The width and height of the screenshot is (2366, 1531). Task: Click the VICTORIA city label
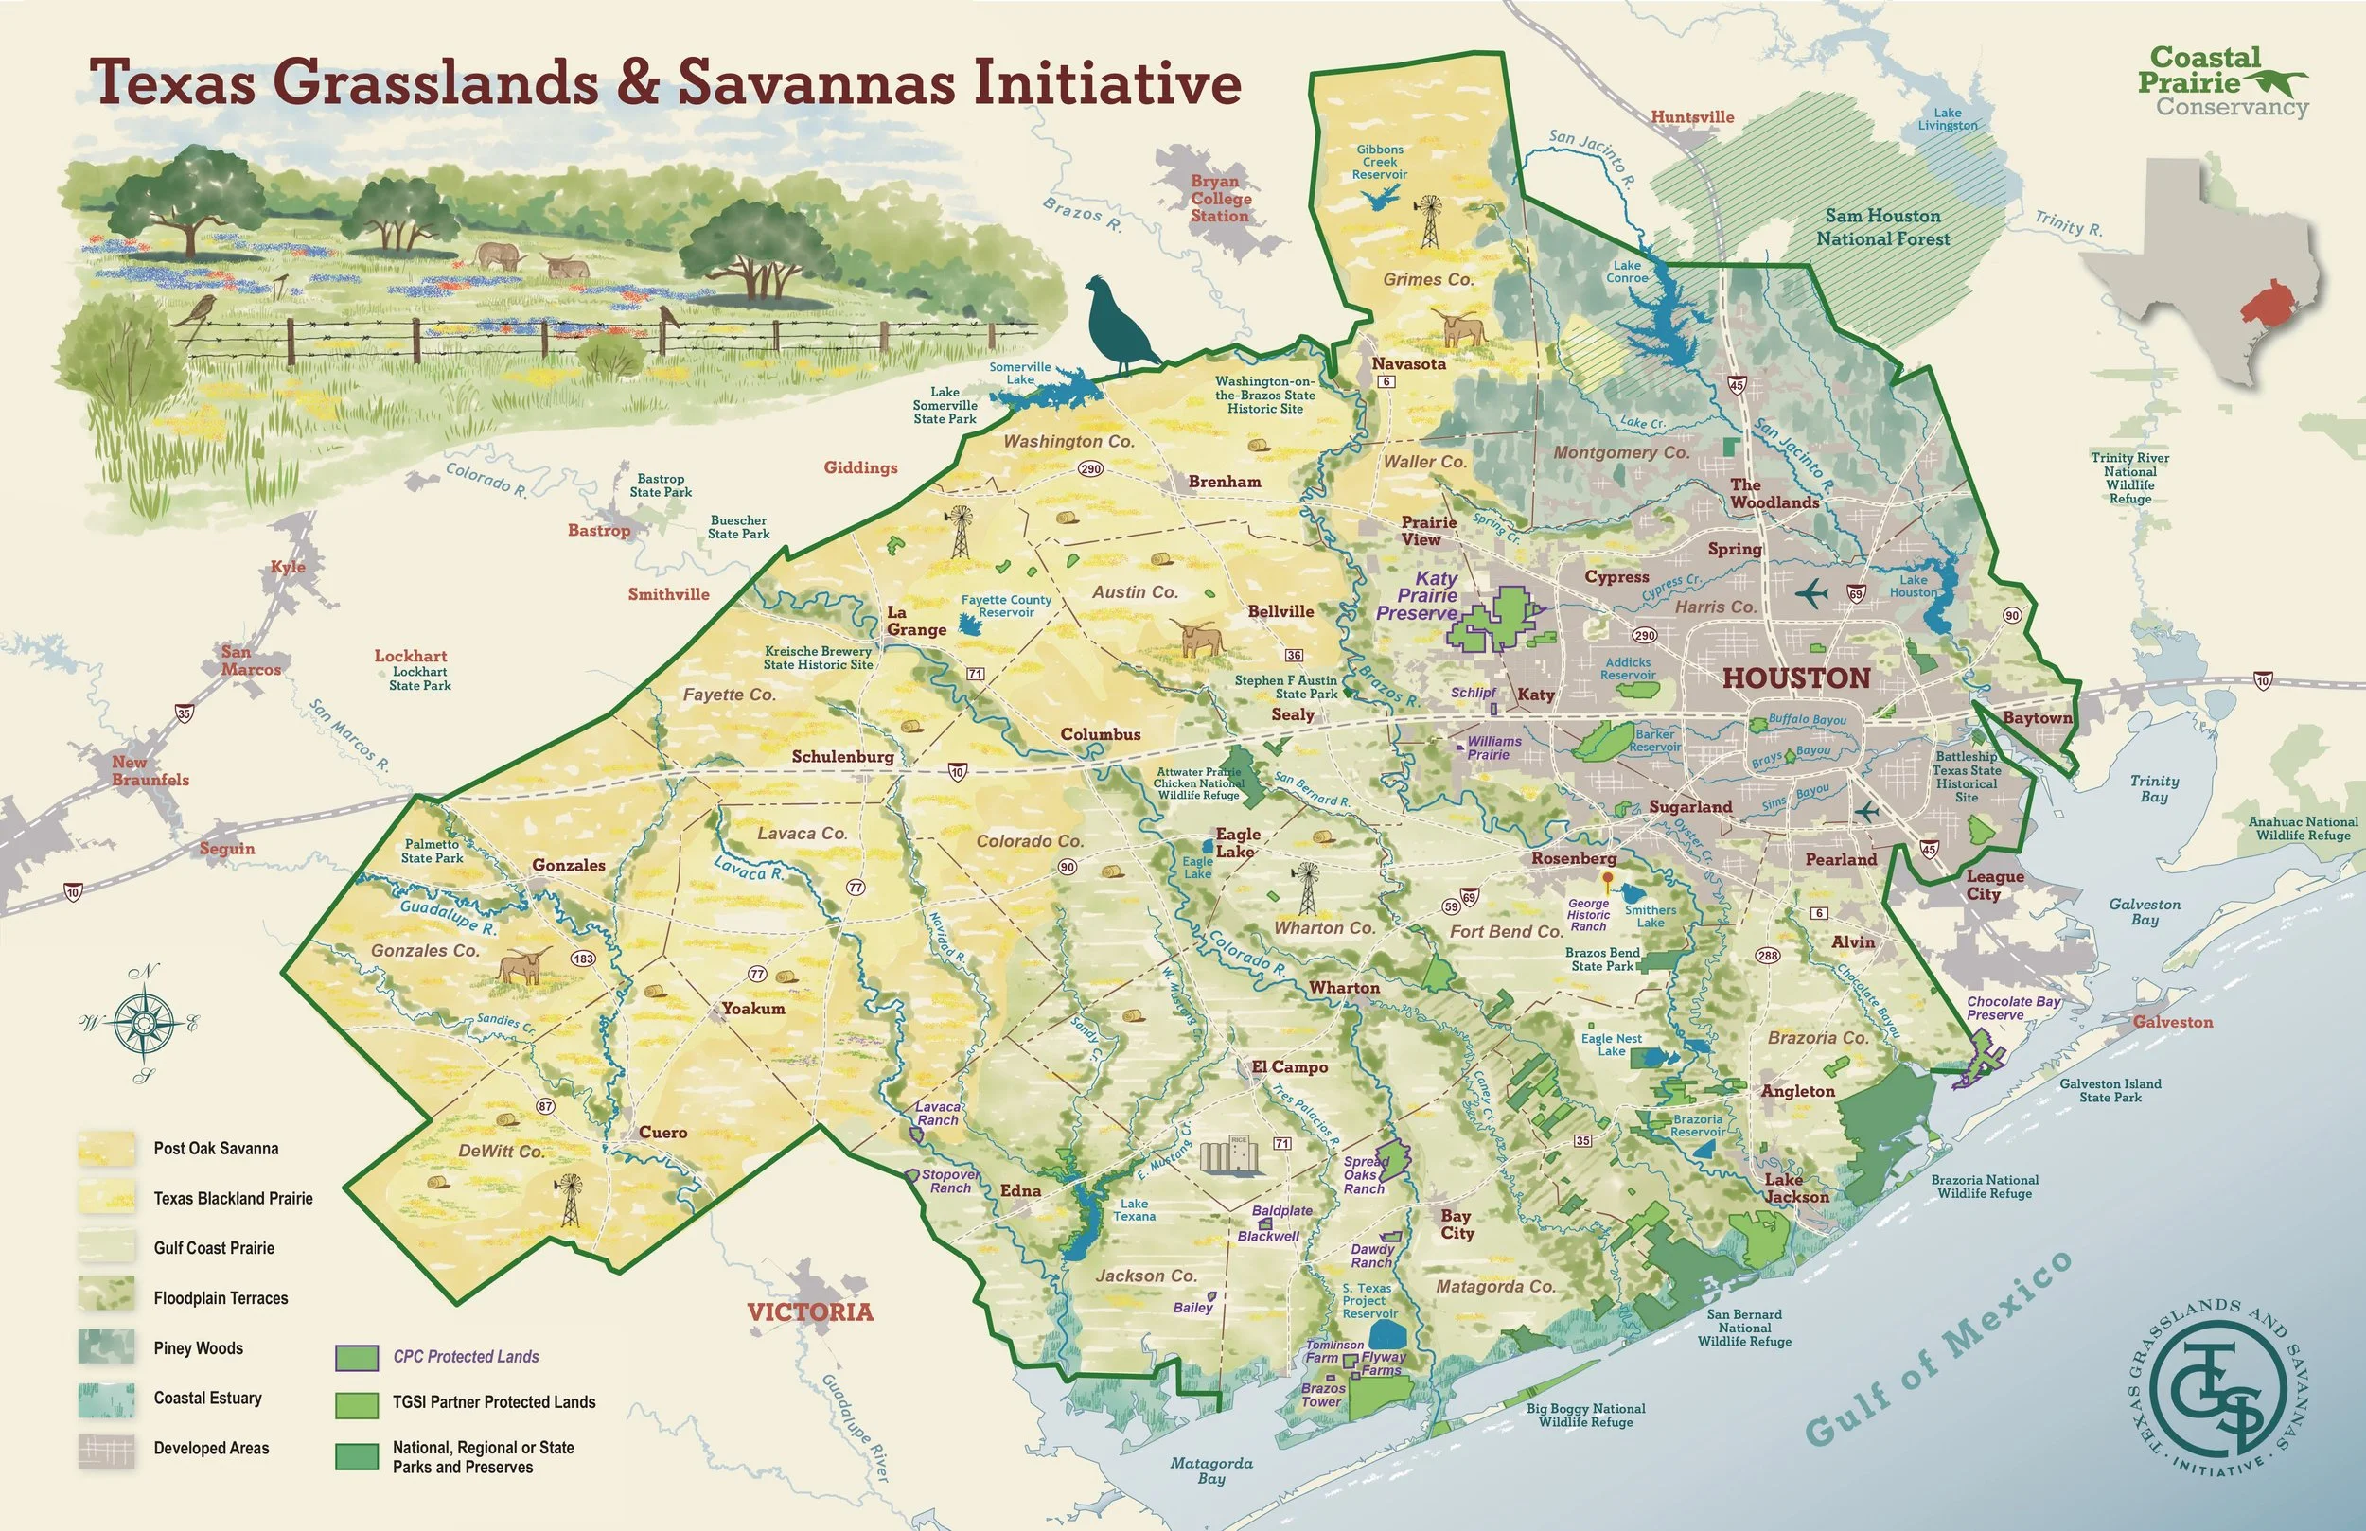810,1311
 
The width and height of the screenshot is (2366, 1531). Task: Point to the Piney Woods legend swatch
106,1347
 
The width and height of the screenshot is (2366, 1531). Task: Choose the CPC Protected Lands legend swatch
357,1357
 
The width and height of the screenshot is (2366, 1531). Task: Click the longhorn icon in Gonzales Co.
525,964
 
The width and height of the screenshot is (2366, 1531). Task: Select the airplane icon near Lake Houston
1812,593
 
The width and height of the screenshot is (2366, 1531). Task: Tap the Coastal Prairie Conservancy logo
2222,82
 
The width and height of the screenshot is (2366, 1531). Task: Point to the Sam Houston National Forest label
1881,227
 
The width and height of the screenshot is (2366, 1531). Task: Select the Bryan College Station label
1220,198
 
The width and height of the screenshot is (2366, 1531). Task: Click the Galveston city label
2172,1022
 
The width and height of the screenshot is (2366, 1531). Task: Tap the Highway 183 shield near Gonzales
584,959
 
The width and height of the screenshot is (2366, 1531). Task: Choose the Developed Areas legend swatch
106,1448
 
